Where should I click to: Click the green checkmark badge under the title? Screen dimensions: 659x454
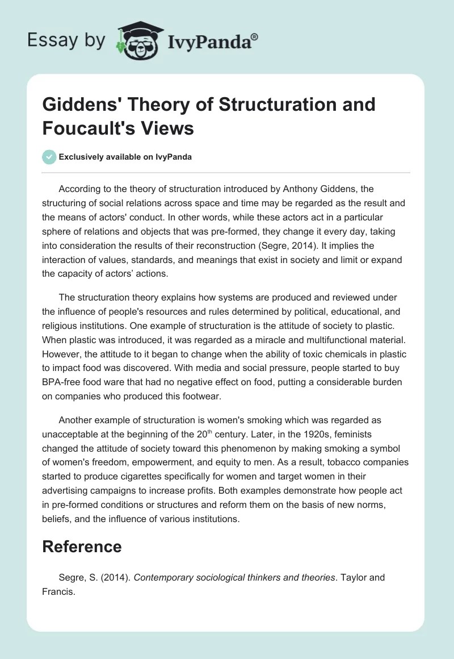point(49,157)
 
